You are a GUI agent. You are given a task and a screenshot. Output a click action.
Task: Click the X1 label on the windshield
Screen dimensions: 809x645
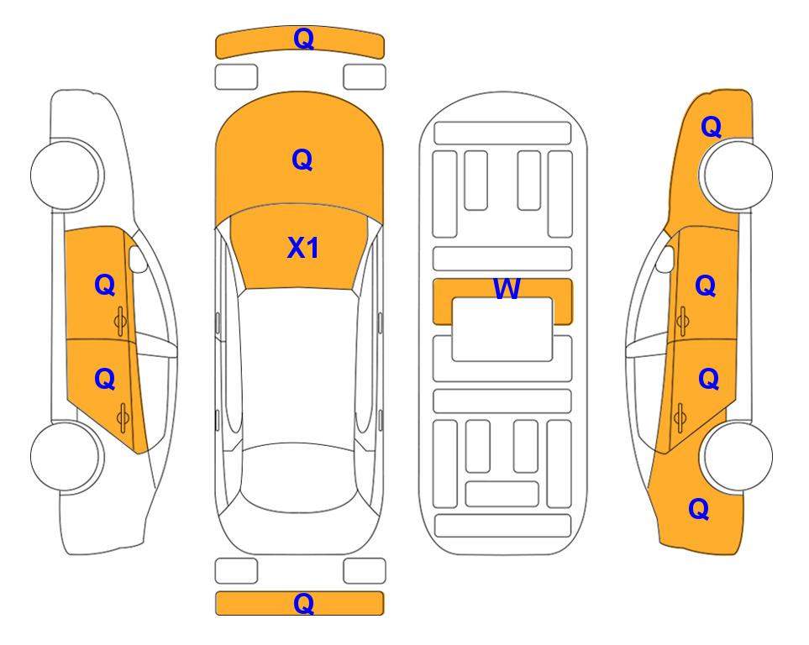[303, 248]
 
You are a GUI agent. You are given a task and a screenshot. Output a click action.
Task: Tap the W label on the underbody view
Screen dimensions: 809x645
[507, 288]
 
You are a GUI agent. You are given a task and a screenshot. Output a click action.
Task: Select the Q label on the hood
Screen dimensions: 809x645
[302, 160]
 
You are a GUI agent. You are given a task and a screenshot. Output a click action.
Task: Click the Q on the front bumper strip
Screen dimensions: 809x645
[303, 39]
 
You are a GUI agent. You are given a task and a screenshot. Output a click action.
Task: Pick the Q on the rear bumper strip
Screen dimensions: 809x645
[303, 603]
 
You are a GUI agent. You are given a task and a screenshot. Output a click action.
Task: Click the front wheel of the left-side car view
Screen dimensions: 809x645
[66, 175]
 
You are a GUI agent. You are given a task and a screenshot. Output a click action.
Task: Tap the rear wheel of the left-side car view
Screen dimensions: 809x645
[66, 456]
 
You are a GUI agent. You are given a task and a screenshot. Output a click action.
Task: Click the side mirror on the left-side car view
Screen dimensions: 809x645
[137, 259]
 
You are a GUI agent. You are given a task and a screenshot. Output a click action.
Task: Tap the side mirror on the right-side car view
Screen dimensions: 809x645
[665, 259]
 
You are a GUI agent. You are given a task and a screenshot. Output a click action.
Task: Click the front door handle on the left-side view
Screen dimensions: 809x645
[121, 321]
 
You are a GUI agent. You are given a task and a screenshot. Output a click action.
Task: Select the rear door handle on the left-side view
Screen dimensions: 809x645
[123, 418]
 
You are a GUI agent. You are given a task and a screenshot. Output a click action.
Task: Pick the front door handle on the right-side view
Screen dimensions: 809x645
[682, 321]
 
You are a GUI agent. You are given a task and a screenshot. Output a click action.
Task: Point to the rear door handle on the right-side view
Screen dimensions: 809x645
[680, 418]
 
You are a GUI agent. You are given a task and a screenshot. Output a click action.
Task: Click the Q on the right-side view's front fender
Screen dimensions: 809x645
[711, 127]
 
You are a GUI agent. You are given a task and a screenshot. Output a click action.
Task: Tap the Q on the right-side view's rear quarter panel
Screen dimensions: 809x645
[699, 509]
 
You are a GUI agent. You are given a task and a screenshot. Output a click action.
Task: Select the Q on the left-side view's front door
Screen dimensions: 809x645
[105, 285]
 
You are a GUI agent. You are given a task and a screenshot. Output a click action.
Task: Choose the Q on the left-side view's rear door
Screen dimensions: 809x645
[105, 380]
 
